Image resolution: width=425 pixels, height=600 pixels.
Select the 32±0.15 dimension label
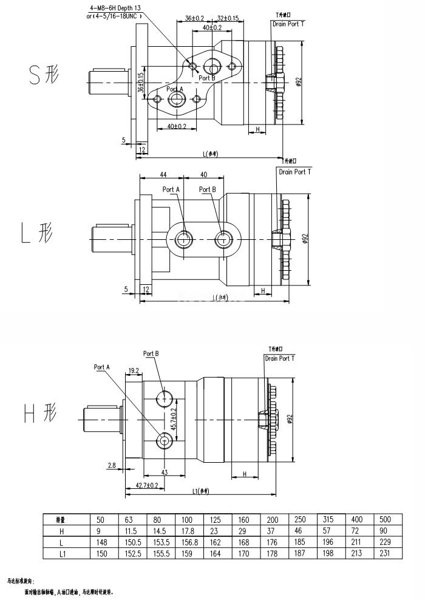pos(228,19)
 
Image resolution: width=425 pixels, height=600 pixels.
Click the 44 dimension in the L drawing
pos(163,175)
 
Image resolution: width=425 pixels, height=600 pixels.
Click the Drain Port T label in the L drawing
pos(294,172)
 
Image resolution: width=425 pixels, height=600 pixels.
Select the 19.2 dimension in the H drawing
pos(134,370)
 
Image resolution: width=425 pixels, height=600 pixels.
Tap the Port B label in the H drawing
pos(151,353)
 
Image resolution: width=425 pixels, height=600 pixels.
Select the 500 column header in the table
pos(385,520)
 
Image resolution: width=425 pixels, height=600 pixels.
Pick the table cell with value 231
pos(385,553)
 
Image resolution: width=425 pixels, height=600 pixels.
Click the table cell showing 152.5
pos(131,553)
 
